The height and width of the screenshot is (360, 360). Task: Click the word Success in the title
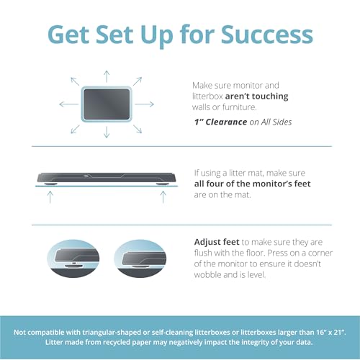(267, 35)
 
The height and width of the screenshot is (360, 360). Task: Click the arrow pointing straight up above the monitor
(107, 76)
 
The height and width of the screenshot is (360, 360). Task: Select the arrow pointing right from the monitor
(144, 104)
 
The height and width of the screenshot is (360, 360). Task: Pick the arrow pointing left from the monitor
(69, 104)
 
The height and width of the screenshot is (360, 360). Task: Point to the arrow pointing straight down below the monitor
(107, 132)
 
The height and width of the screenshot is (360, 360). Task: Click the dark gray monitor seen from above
(107, 104)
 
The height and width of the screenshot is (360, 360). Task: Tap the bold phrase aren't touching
(256, 96)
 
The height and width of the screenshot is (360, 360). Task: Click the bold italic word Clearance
(226, 122)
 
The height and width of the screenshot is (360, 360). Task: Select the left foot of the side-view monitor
(50, 184)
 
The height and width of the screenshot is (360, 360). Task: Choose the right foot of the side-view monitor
(163, 184)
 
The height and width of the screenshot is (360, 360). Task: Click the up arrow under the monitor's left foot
(50, 197)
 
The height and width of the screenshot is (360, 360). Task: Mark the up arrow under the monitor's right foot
(163, 197)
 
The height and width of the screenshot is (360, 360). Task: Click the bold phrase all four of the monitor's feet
(252, 184)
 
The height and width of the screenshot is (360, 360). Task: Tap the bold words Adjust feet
(217, 242)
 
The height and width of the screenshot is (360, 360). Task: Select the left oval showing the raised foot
(73, 258)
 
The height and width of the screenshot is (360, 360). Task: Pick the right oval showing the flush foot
(140, 258)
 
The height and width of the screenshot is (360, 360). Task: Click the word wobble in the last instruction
(207, 274)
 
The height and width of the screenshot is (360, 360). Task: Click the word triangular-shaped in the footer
(112, 333)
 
